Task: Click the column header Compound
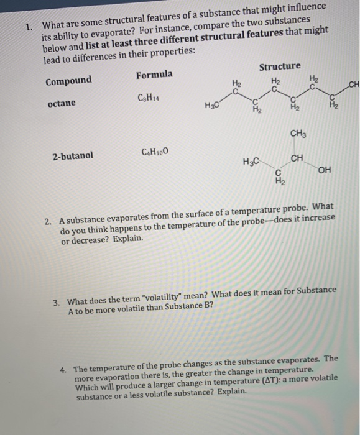click(68, 80)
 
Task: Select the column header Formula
click(155, 75)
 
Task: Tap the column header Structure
click(279, 66)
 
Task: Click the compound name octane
click(60, 103)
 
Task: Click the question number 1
click(29, 27)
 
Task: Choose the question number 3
click(56, 301)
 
